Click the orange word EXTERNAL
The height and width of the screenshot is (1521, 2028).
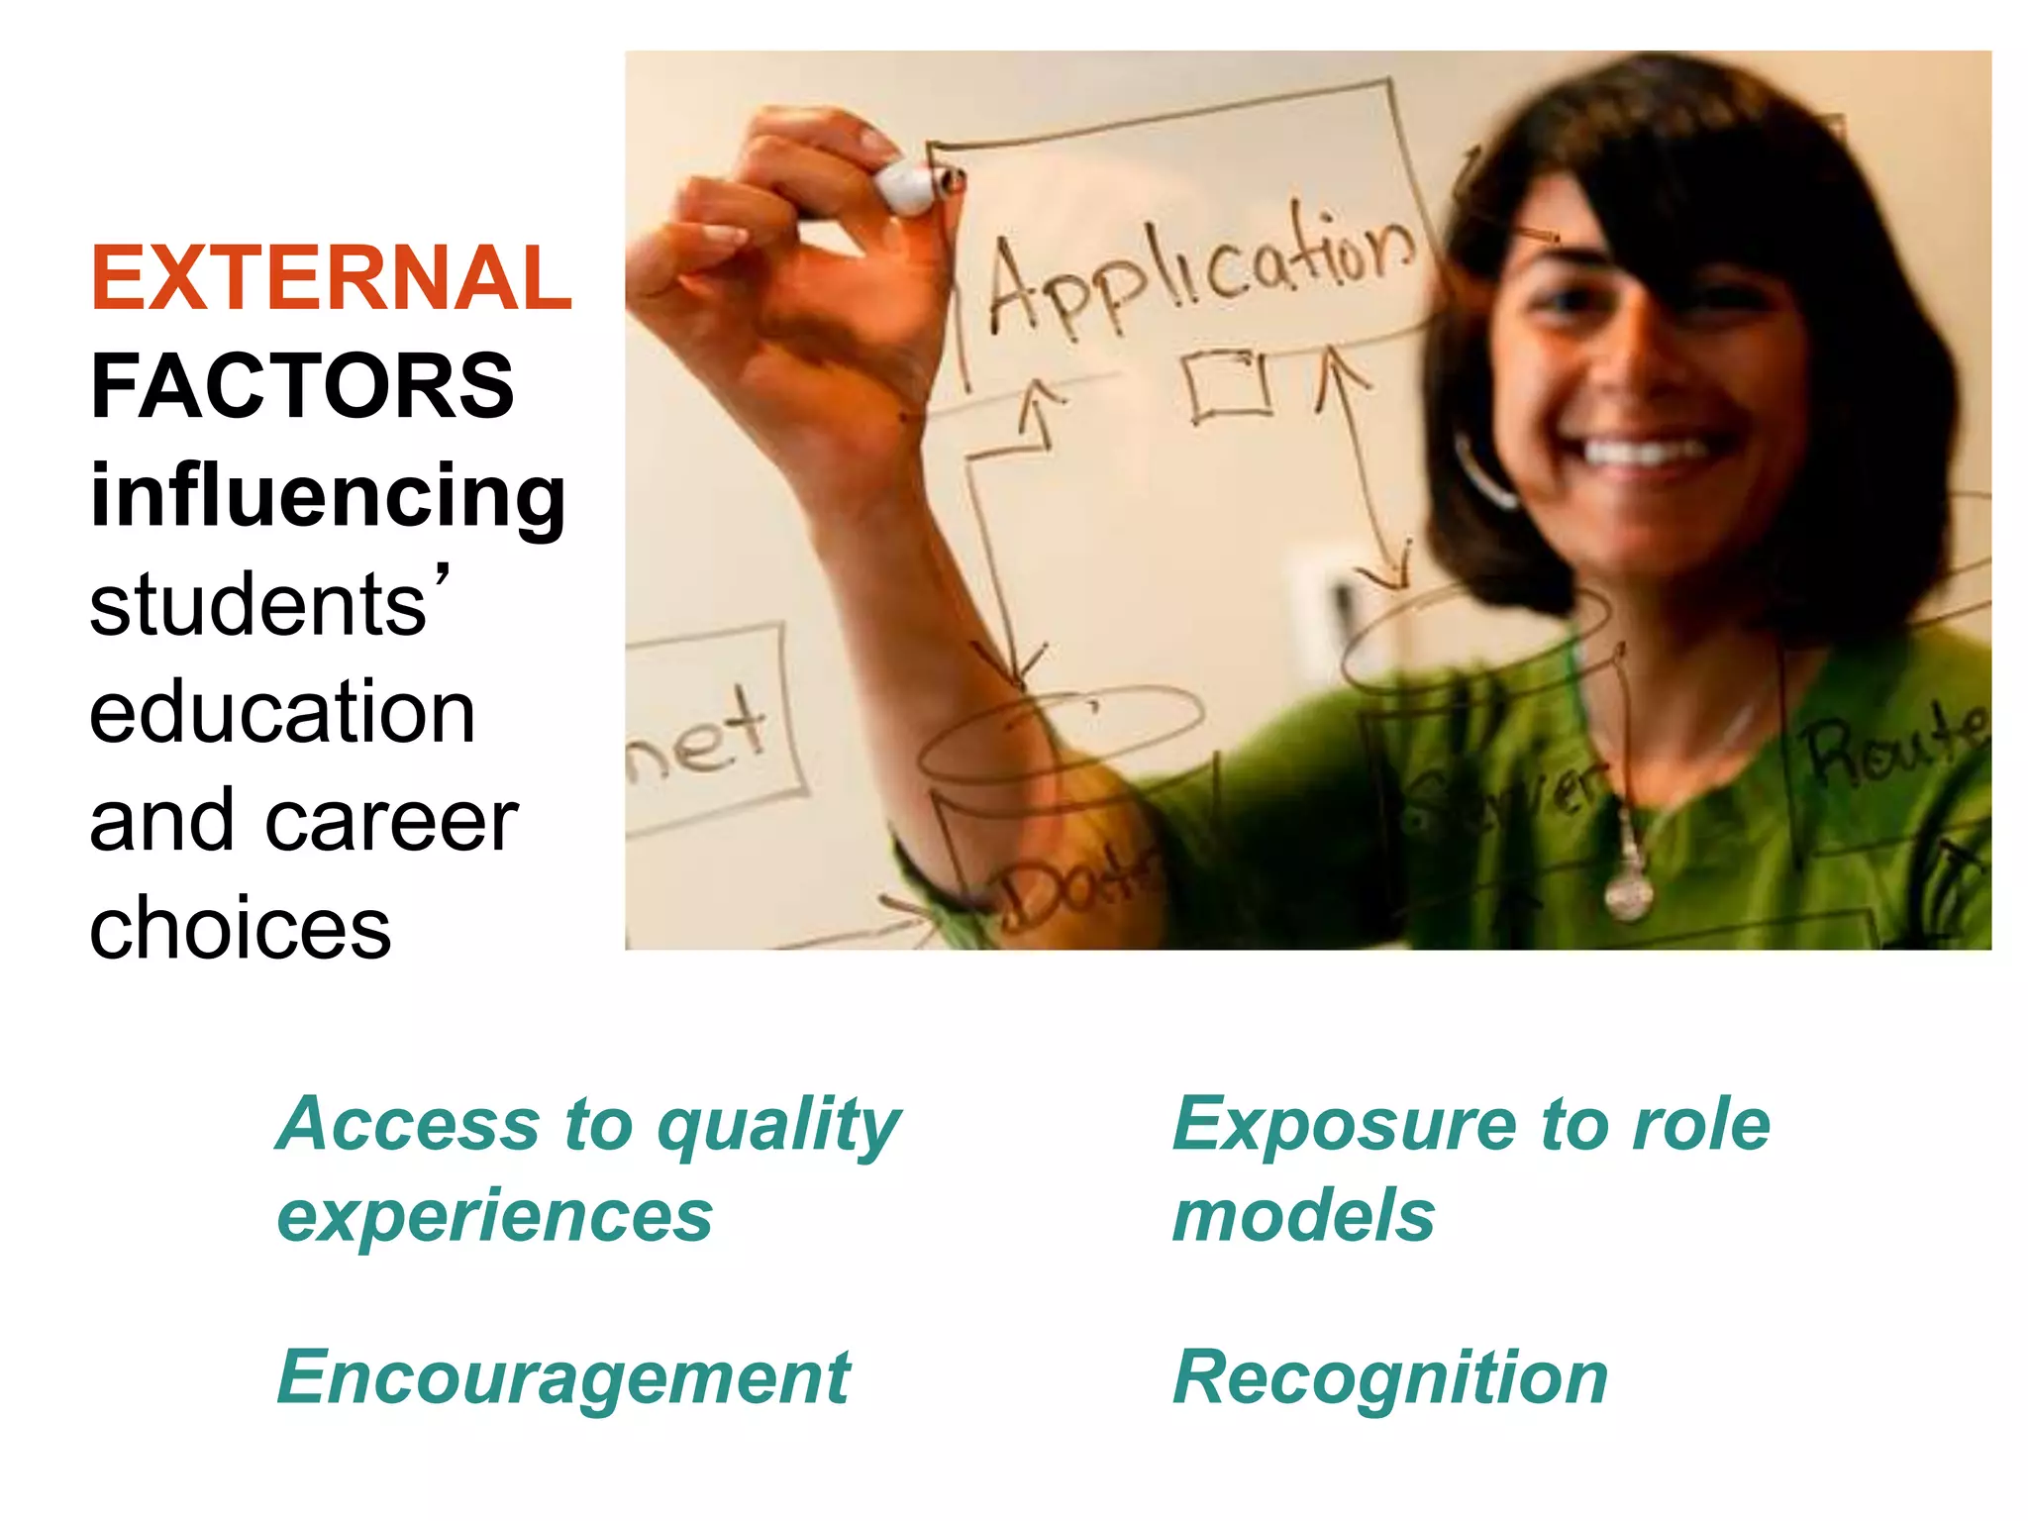[331, 279]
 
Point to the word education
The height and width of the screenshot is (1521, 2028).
[282, 712]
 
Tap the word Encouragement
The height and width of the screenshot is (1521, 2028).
[563, 1377]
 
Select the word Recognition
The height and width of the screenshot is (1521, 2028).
[1389, 1377]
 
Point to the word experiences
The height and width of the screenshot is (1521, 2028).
[495, 1217]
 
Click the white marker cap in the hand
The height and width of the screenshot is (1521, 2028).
[906, 184]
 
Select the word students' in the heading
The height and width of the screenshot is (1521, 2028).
[267, 605]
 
